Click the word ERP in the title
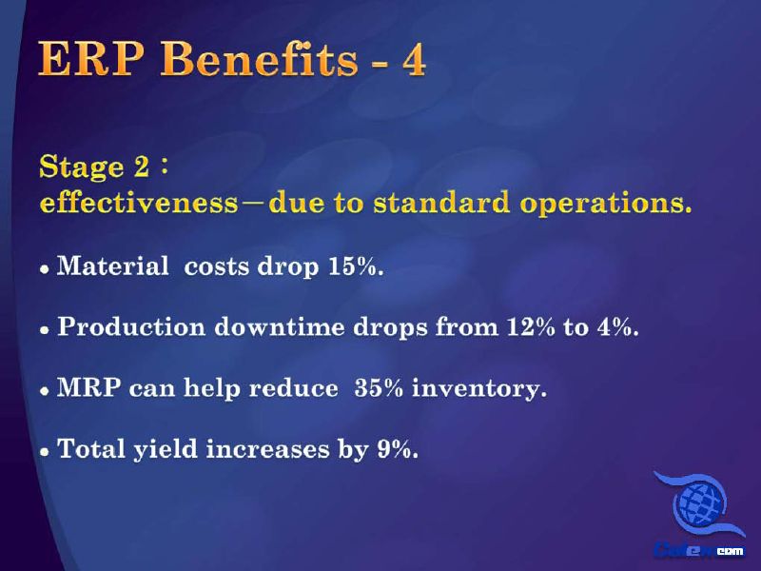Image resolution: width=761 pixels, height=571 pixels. [x=90, y=59]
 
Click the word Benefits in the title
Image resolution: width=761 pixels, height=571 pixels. [x=259, y=58]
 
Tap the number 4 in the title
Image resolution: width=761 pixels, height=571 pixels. [x=414, y=60]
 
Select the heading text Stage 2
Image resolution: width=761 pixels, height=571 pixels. [x=94, y=167]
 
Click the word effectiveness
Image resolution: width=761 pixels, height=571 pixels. [x=139, y=203]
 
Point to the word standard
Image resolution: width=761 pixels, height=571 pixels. [x=441, y=203]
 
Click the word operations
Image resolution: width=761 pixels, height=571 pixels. [x=605, y=204]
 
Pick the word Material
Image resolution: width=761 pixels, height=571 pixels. [x=112, y=266]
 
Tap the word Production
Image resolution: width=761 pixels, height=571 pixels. [x=131, y=326]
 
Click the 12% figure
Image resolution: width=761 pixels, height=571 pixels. [x=531, y=326]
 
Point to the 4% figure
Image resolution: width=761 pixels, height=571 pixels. [x=617, y=326]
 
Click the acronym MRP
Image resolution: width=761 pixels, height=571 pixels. [x=88, y=387]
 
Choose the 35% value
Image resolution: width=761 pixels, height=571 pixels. [x=379, y=387]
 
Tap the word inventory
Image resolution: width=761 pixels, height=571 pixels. [x=479, y=389]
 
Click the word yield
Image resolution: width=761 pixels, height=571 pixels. [x=166, y=449]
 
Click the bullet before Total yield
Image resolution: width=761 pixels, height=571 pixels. [x=45, y=452]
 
